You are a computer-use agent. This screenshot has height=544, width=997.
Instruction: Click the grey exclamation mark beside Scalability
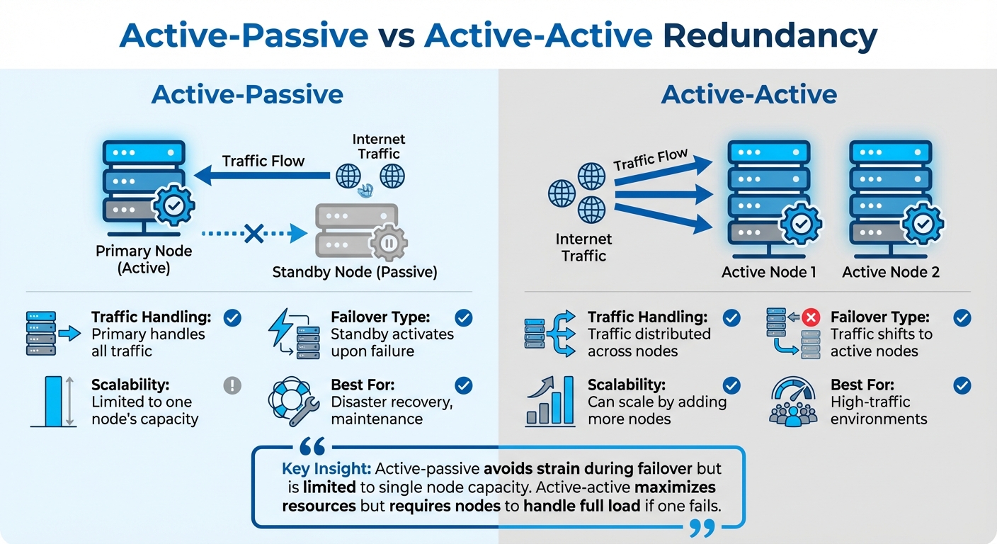[232, 385]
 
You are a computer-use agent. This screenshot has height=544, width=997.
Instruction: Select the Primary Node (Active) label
[144, 259]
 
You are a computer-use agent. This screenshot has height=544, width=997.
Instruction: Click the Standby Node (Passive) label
[355, 271]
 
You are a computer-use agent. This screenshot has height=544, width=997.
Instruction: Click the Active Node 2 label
[891, 271]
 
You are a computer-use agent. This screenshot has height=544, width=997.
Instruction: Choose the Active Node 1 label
[769, 271]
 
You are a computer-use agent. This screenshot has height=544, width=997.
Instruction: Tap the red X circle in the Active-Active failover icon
[811, 317]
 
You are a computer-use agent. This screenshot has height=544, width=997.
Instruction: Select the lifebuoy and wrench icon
[290, 402]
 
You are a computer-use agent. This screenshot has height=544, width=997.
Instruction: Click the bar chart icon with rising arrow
[549, 402]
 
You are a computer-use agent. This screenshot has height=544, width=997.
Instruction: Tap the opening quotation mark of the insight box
[312, 447]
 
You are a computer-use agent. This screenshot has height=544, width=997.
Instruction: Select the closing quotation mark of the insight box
[701, 527]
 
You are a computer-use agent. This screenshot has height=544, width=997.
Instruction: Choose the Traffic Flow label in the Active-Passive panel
[263, 161]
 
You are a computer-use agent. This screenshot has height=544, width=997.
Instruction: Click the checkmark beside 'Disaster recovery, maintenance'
[464, 385]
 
